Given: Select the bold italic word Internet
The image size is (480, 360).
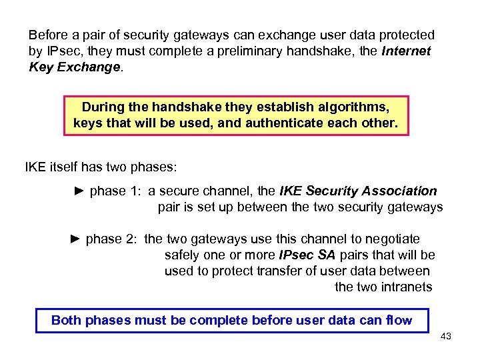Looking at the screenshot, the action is click(x=407, y=51).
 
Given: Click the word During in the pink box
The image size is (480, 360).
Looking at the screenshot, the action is click(x=104, y=107).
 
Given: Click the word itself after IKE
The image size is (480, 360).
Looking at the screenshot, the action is click(x=65, y=166).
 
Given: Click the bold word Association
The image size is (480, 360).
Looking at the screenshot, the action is click(x=399, y=191).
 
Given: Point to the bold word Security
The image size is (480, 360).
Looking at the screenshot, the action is click(x=331, y=191).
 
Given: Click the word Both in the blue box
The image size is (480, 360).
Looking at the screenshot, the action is click(x=66, y=321).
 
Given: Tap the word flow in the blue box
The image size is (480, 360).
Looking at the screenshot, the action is click(x=399, y=321).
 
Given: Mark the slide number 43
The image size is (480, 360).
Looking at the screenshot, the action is click(x=446, y=337).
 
